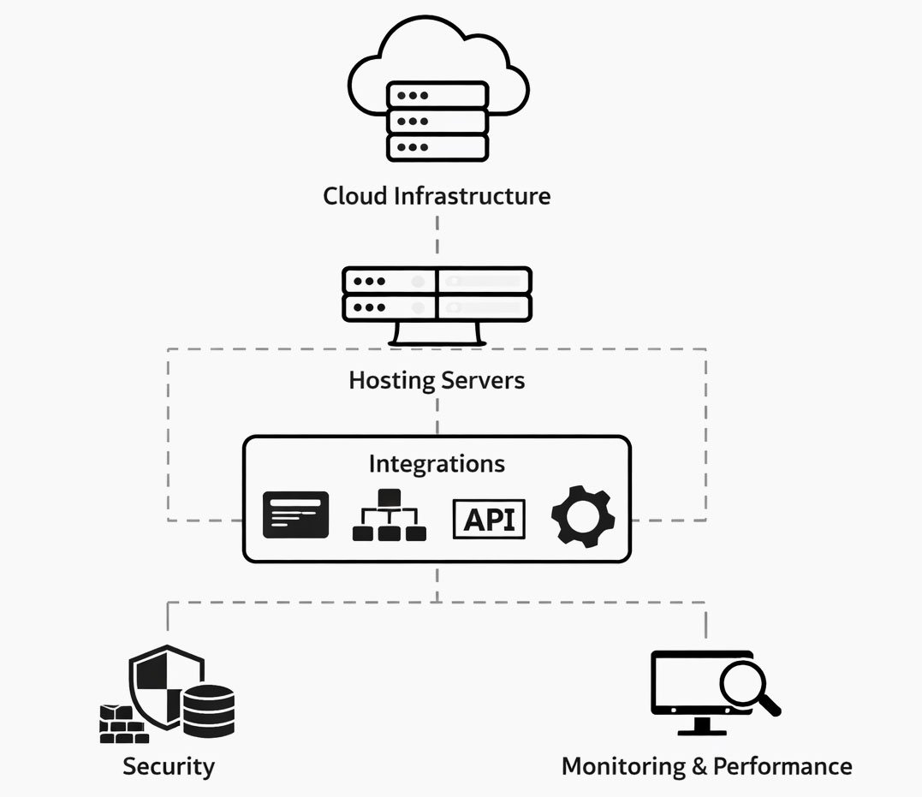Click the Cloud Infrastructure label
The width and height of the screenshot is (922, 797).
tap(437, 196)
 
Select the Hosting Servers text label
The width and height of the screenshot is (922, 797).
tap(437, 380)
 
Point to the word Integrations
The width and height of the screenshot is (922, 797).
tap(437, 464)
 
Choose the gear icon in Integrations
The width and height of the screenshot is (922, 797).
tap(582, 517)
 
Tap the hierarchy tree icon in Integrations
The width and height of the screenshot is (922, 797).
tap(389, 515)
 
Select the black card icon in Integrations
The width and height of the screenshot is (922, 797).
tap(295, 515)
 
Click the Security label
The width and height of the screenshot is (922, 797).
tap(169, 765)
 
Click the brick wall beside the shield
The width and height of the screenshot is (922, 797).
tap(122, 724)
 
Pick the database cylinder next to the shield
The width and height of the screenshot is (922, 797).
tap(208, 711)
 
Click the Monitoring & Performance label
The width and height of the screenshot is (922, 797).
tap(706, 765)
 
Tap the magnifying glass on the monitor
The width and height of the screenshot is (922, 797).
tap(747, 686)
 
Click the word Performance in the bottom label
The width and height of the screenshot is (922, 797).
tap(782, 765)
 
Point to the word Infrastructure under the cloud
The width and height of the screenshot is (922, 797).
tap(472, 196)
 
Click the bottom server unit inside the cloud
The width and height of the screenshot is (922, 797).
tap(437, 147)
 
